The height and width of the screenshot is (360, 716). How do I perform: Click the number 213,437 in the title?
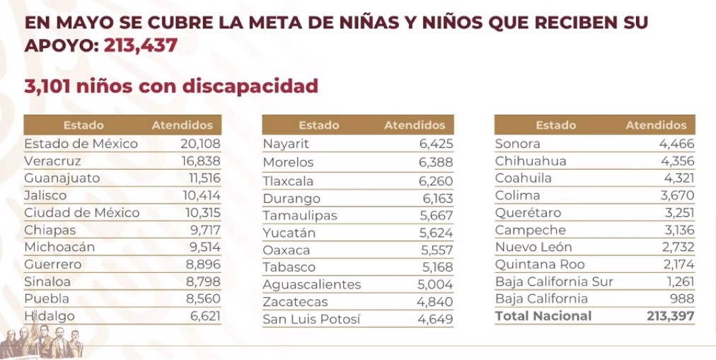pos(140,46)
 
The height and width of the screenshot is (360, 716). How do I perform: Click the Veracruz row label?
pos(52,161)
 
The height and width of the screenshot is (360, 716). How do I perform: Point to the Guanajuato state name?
pos(62,178)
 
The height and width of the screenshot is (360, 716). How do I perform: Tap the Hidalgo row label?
pos(50,316)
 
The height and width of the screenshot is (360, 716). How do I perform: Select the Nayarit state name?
pos(286,144)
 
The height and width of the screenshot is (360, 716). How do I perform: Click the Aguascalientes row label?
pos(311,284)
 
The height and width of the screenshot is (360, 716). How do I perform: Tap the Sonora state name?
pos(518,144)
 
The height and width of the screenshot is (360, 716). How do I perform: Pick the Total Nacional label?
pos(543,316)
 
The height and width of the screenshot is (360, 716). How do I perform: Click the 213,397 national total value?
pos(670,316)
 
